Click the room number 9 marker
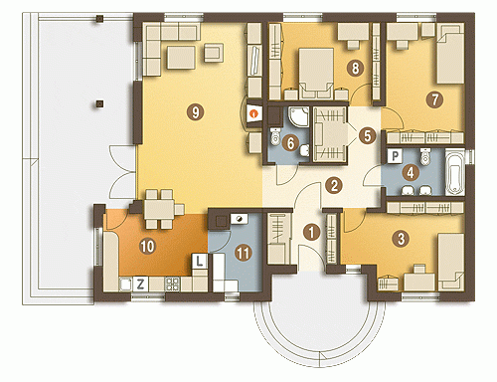click(195, 111)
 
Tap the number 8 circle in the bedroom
click(355, 68)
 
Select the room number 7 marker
click(434, 99)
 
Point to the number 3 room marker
click(401, 238)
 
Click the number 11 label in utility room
click(243, 254)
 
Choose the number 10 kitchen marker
click(148, 247)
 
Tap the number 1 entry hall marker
click(311, 232)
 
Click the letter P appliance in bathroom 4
click(395, 156)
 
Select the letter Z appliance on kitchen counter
click(140, 285)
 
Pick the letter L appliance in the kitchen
click(199, 261)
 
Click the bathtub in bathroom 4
click(455, 172)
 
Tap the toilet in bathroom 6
click(275, 136)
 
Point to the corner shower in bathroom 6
click(298, 117)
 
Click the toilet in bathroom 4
click(424, 156)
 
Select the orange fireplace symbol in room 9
click(254, 113)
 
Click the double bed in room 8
click(316, 74)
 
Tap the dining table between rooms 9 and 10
click(159, 209)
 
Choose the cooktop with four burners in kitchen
click(173, 285)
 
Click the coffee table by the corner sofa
click(181, 58)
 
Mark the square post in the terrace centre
click(99, 103)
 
